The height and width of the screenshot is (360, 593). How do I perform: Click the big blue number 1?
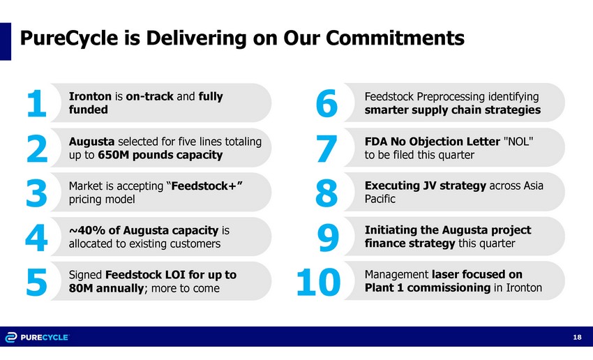coord(37,103)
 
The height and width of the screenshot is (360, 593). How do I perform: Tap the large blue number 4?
coord(36,237)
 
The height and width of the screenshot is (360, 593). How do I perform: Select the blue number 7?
coord(326,148)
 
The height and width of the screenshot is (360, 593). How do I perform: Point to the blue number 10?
coord(318,282)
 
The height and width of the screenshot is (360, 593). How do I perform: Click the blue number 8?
coord(326,193)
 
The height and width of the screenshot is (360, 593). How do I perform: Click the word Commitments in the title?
coord(395,38)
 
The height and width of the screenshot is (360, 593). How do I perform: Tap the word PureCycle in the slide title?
coord(69,38)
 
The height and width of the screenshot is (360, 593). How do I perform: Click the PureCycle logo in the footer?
coord(37,337)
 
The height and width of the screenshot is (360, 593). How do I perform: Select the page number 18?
coord(577,337)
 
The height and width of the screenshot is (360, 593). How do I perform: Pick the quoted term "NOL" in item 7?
coord(518,142)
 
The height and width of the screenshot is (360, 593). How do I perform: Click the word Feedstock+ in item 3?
coord(204,186)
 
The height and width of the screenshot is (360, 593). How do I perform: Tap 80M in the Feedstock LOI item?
coord(81,288)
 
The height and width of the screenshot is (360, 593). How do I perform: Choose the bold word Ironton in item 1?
coord(90,96)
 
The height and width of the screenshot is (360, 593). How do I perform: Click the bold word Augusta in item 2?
coord(91,142)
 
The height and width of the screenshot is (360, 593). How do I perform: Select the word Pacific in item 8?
coord(380,199)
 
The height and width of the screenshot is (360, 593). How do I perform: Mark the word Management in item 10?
coord(396,275)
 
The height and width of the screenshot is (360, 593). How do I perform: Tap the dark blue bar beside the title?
coord(6,41)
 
